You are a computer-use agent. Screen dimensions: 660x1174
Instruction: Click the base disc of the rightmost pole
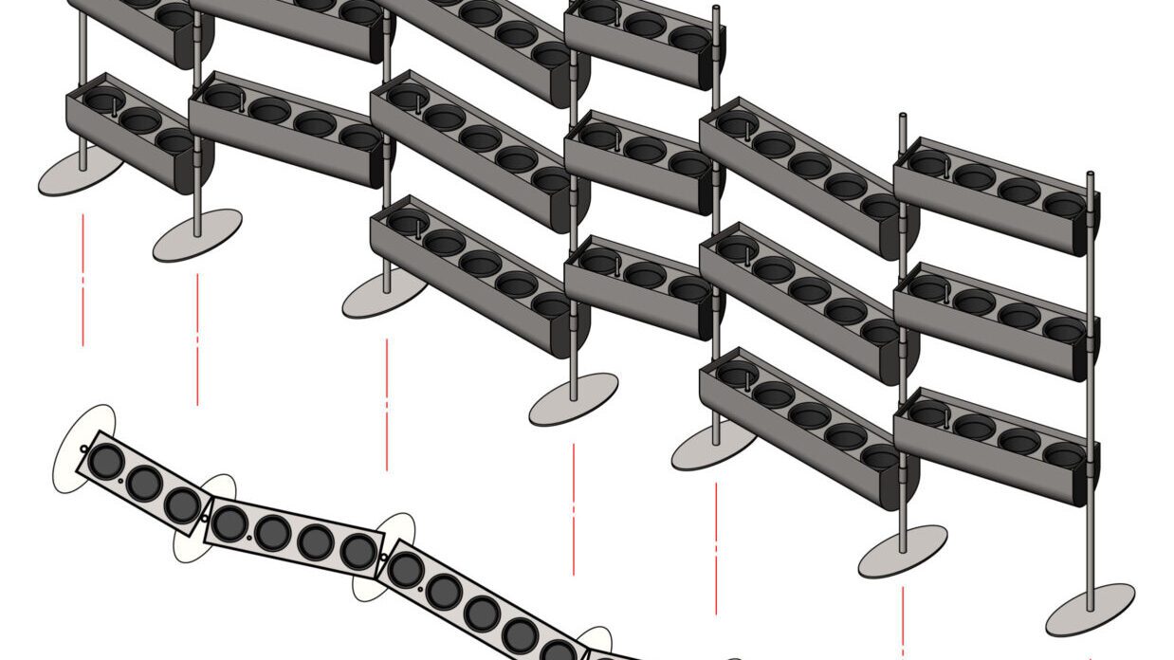[1090, 610]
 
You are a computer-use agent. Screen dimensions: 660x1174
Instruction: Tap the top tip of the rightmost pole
[1090, 175]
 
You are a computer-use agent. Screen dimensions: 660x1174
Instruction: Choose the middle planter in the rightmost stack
[996, 321]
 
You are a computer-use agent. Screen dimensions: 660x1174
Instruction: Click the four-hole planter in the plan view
[294, 537]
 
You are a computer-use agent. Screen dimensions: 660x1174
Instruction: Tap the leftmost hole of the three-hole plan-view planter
[106, 461]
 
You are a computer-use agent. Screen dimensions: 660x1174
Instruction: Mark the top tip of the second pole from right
[902, 119]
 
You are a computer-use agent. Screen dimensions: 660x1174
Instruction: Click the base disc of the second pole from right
[903, 551]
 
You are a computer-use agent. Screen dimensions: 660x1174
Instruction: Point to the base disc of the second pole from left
[197, 234]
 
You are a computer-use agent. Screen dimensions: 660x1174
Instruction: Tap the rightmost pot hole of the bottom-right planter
[1063, 456]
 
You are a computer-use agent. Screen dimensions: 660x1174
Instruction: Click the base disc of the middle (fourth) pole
[574, 398]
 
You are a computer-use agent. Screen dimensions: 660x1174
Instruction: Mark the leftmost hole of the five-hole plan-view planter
[406, 569]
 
